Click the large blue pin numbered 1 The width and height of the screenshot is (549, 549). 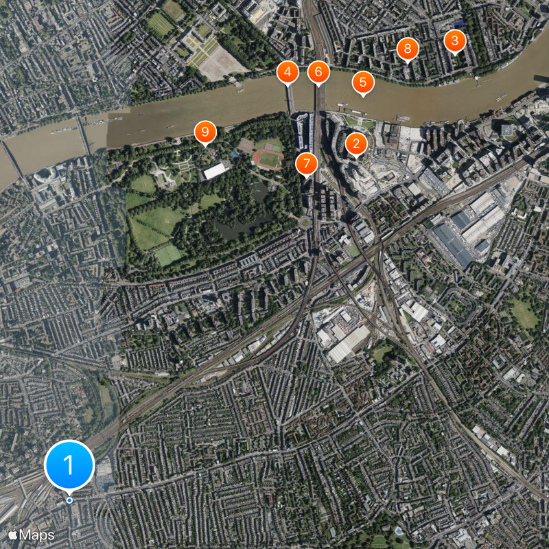click(69, 465)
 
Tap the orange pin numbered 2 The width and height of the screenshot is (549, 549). click(355, 144)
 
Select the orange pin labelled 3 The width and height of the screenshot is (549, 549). click(454, 40)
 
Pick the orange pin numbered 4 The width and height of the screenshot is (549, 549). click(288, 71)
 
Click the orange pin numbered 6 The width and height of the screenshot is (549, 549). click(318, 71)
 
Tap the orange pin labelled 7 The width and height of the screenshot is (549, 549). click(307, 164)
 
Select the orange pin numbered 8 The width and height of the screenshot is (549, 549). click(408, 48)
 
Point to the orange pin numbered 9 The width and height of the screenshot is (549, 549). click(205, 132)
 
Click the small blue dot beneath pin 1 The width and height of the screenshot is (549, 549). click(69, 500)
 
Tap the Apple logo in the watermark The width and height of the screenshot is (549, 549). click(12, 534)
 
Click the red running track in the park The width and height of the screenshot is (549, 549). click(268, 159)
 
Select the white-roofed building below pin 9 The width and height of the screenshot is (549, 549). click(216, 170)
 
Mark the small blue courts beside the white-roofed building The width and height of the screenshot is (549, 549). click(235, 155)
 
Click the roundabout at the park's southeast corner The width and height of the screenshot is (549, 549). click(303, 222)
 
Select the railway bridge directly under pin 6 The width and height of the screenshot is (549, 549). click(318, 97)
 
